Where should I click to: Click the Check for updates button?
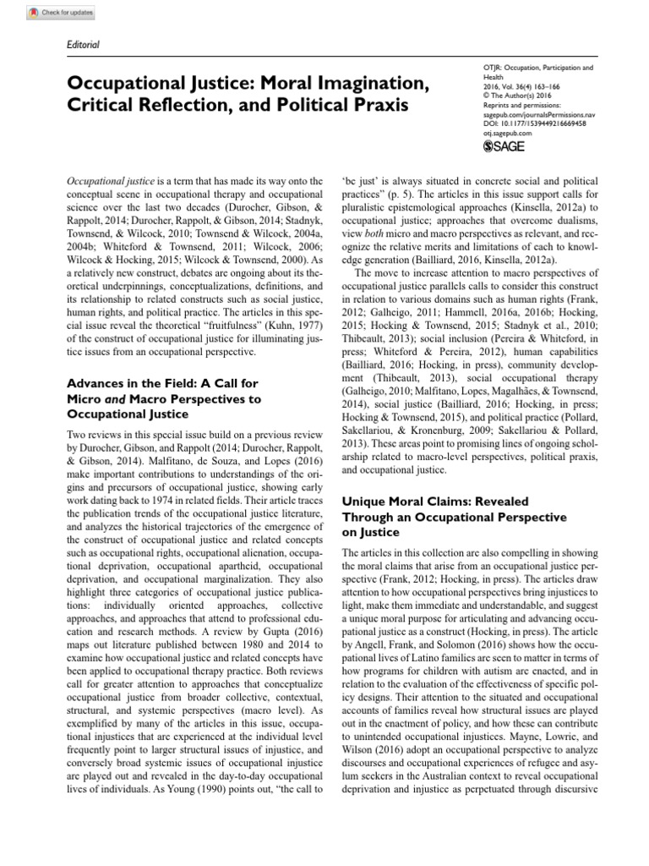pyautogui.click(x=50, y=14)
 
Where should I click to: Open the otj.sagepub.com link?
pyautogui.click(x=507, y=133)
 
